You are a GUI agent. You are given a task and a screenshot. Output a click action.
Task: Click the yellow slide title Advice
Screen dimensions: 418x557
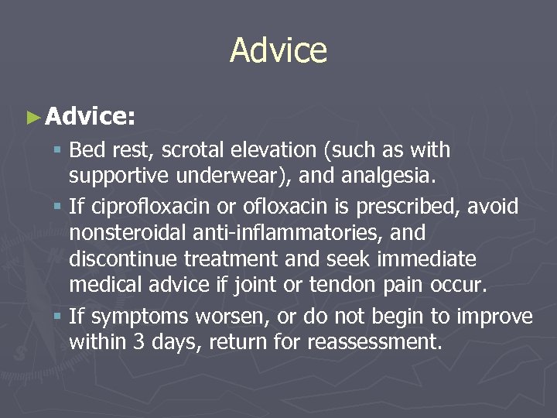[x=278, y=51]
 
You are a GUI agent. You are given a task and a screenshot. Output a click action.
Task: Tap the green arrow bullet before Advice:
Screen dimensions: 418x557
[x=32, y=118]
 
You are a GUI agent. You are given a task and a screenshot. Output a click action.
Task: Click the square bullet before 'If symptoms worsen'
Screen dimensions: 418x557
[x=60, y=316]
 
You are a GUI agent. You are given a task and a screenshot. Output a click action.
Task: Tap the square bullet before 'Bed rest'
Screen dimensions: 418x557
[x=60, y=149]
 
